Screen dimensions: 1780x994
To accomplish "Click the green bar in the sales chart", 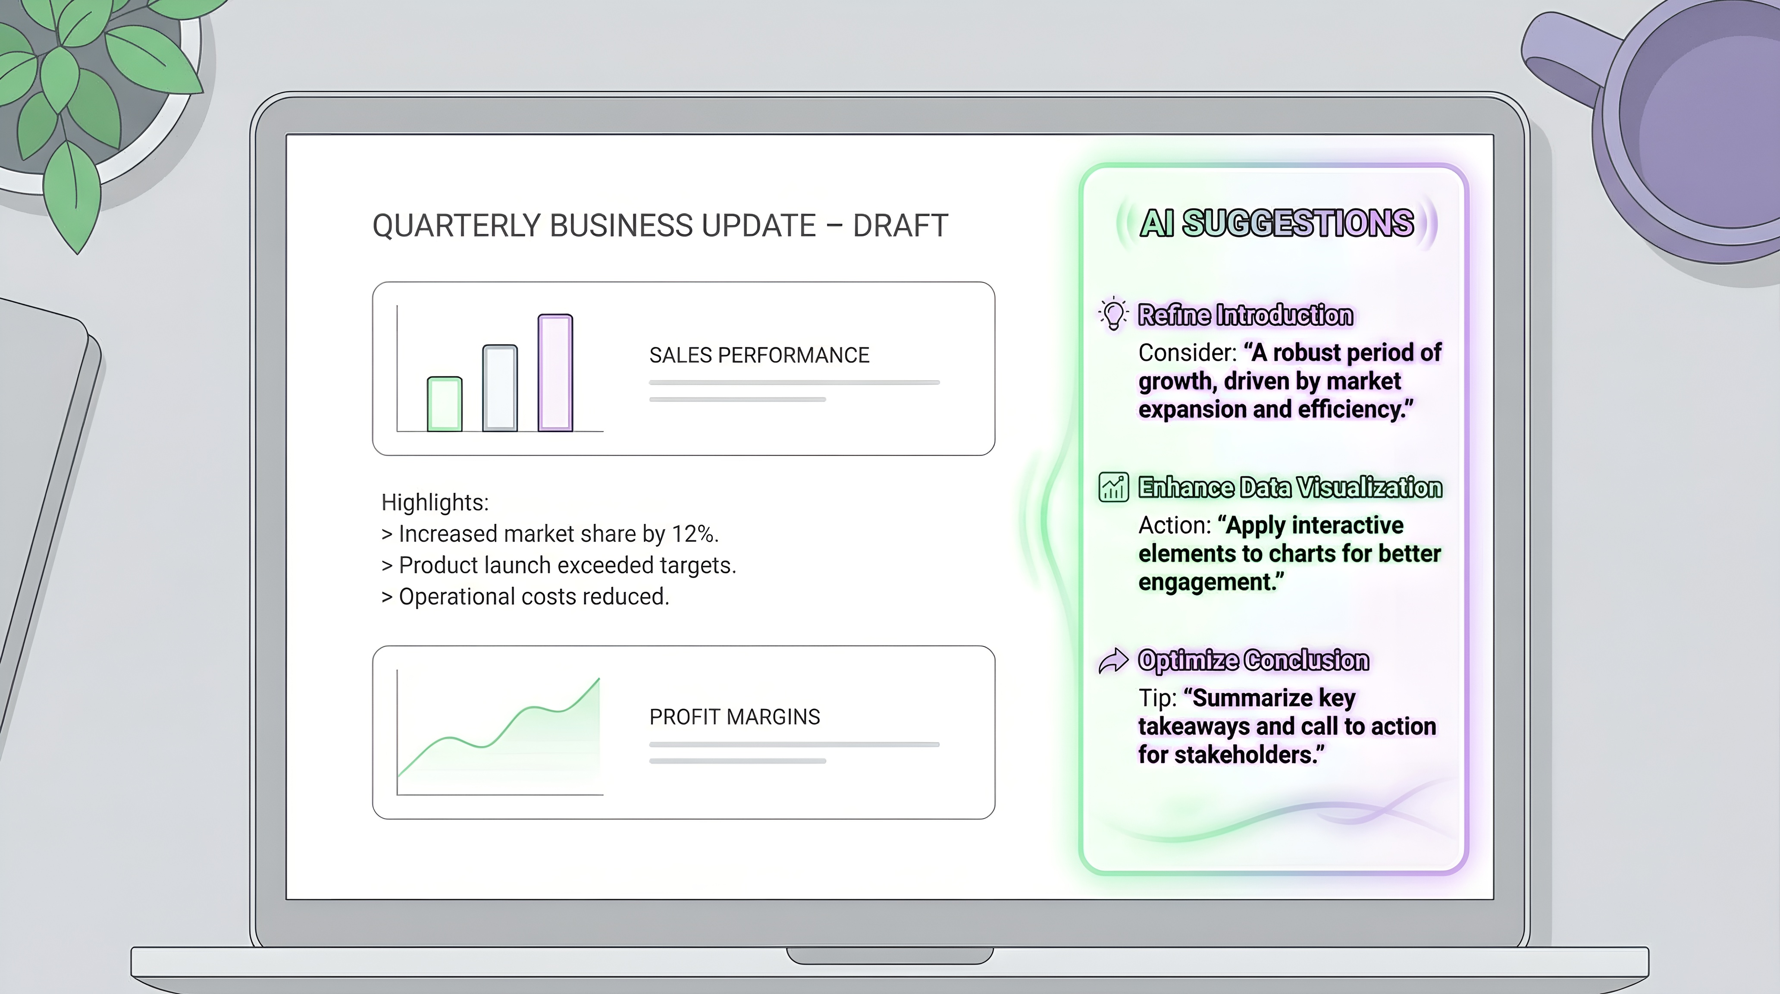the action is pyautogui.click(x=444, y=404).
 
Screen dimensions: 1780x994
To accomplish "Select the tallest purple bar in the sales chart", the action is pyautogui.click(x=555, y=373).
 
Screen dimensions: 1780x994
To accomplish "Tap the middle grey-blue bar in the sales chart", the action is pyautogui.click(x=500, y=388).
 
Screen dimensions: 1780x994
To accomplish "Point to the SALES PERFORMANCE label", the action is pyautogui.click(x=759, y=355).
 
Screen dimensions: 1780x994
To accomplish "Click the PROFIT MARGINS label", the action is pyautogui.click(x=734, y=717).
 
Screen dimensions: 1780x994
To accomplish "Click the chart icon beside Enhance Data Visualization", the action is pyautogui.click(x=1113, y=488).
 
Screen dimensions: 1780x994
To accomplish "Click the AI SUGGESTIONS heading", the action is pyautogui.click(x=1276, y=223).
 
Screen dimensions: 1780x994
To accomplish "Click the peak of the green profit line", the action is pyautogui.click(x=599, y=679).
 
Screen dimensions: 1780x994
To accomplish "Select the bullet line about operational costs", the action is pyautogui.click(x=525, y=597).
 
